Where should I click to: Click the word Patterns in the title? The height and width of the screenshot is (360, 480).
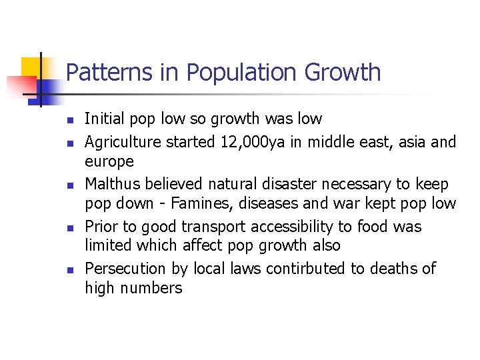(x=99, y=72)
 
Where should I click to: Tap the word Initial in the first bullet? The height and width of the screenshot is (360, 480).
(x=104, y=119)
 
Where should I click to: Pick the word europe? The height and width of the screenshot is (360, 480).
(x=109, y=162)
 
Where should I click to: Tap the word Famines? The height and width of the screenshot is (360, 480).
(x=213, y=203)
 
